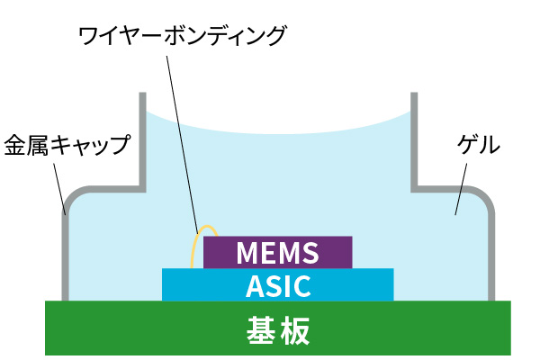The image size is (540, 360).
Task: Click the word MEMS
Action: point(278,253)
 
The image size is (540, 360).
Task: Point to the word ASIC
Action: point(278,285)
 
